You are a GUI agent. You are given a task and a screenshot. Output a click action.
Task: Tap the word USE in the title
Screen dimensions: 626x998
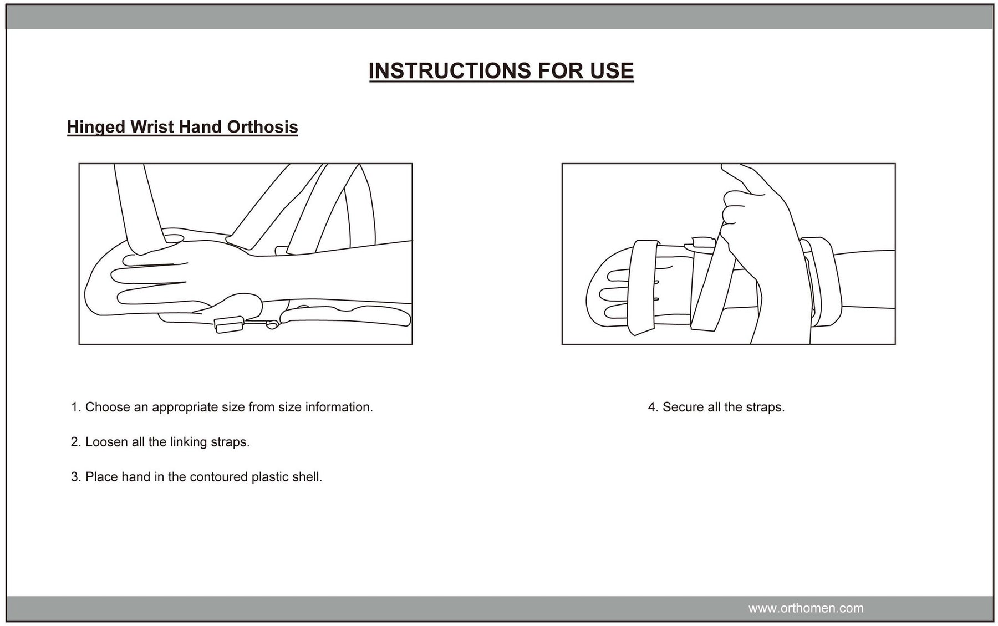click(x=612, y=71)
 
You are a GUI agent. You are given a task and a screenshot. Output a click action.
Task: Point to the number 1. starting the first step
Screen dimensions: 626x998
click(x=76, y=408)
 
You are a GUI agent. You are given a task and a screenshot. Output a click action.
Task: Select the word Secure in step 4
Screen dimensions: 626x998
click(x=683, y=408)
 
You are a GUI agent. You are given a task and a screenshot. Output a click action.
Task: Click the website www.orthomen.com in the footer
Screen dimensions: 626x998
click(x=806, y=608)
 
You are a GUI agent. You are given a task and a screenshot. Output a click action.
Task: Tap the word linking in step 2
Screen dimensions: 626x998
click(x=189, y=442)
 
